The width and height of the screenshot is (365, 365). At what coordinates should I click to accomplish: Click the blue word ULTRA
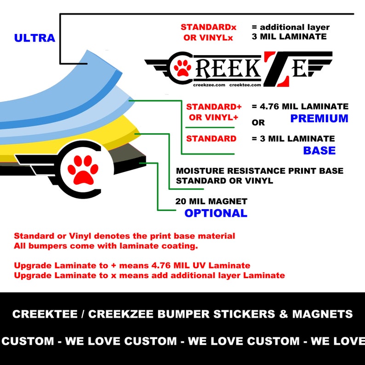tap(34, 38)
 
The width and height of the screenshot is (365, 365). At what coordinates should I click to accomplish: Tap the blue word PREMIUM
tap(319, 119)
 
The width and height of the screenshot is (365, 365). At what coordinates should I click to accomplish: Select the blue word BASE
tap(319, 150)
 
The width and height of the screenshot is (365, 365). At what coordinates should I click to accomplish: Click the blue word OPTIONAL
tap(216, 213)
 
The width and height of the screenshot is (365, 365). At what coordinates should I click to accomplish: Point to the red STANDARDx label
tap(209, 27)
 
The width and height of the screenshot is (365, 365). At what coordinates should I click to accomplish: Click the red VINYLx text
tap(216, 38)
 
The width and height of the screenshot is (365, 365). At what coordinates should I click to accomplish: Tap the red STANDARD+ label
tap(214, 107)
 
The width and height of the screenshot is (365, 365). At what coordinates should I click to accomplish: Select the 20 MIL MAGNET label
tap(211, 201)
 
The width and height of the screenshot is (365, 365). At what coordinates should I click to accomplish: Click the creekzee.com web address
tap(209, 85)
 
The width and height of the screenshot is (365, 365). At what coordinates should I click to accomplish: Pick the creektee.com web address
tap(245, 85)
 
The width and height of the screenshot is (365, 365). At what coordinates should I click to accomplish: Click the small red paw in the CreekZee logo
tap(182, 68)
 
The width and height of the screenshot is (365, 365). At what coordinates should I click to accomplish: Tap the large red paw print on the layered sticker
tap(83, 170)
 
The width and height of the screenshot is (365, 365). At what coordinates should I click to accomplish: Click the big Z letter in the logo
tap(276, 69)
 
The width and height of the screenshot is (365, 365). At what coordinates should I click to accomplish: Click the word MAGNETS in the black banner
tap(322, 314)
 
